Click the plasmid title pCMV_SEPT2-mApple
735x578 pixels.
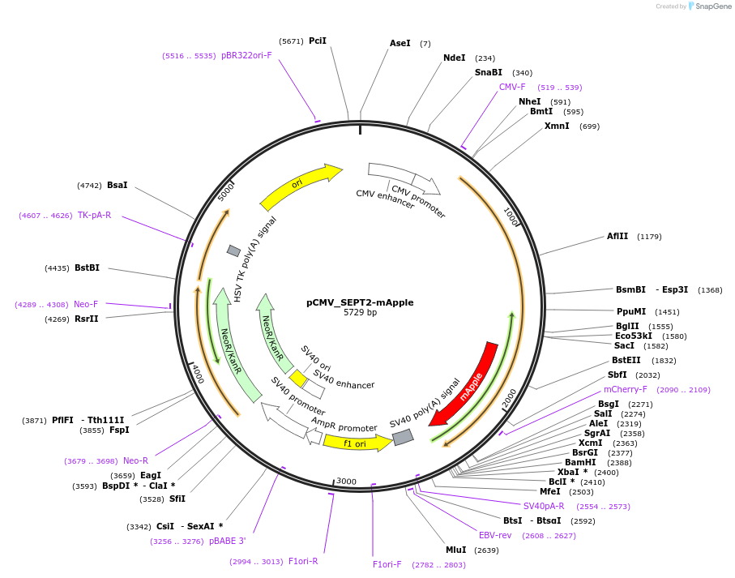tap(360, 302)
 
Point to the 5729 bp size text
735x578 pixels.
tap(360, 313)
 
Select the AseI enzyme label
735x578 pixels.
tap(400, 43)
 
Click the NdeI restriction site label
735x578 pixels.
tap(455, 58)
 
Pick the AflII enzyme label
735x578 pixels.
tap(617, 237)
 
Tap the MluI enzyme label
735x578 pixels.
tap(456, 550)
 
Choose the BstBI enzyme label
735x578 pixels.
tap(88, 268)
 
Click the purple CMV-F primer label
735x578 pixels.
tap(512, 87)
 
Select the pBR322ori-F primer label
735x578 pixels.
tap(246, 55)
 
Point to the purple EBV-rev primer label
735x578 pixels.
tap(495, 535)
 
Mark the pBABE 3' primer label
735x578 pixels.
tap(227, 541)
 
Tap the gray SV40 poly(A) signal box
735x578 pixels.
tap(403, 437)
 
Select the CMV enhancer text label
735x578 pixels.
tap(386, 199)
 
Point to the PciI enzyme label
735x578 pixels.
tap(318, 41)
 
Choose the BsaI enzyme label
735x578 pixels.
tap(118, 185)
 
